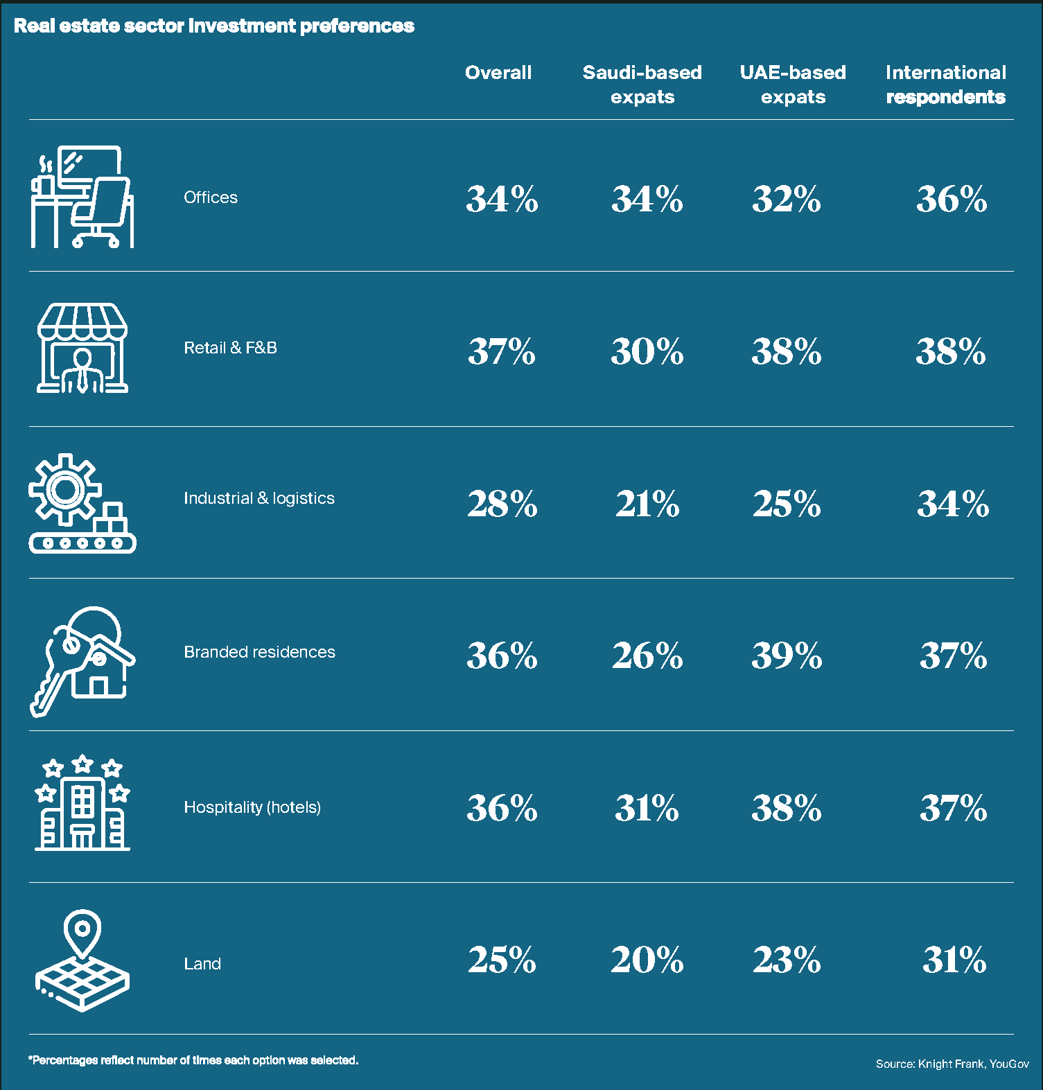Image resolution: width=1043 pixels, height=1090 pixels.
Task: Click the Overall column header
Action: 498,73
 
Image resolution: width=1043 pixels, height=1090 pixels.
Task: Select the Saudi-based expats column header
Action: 642,84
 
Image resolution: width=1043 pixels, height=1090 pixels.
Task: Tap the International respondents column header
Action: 945,84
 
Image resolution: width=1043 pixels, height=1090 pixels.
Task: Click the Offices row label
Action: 211,197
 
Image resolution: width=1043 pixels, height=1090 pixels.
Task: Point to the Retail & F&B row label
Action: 230,348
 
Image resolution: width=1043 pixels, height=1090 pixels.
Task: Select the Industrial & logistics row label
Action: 258,498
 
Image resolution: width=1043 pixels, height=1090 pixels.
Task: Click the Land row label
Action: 202,964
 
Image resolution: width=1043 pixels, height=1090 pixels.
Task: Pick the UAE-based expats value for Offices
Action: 787,200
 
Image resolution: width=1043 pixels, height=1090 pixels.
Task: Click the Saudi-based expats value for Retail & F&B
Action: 647,351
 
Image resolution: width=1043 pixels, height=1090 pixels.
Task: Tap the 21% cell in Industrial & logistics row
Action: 647,504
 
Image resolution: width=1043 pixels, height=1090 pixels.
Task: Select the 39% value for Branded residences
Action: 787,656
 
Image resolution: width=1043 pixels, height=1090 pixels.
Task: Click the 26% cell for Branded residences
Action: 647,656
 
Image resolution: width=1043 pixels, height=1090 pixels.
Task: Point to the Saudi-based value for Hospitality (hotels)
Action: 647,808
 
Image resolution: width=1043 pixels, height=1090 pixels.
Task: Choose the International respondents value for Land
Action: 954,960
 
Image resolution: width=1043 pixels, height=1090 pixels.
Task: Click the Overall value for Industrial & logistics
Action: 502,504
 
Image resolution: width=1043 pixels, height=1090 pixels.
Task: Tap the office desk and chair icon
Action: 82,197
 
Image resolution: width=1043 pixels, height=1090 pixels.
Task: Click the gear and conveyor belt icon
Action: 82,503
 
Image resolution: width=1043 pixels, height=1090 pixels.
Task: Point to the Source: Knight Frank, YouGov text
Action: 952,1064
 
